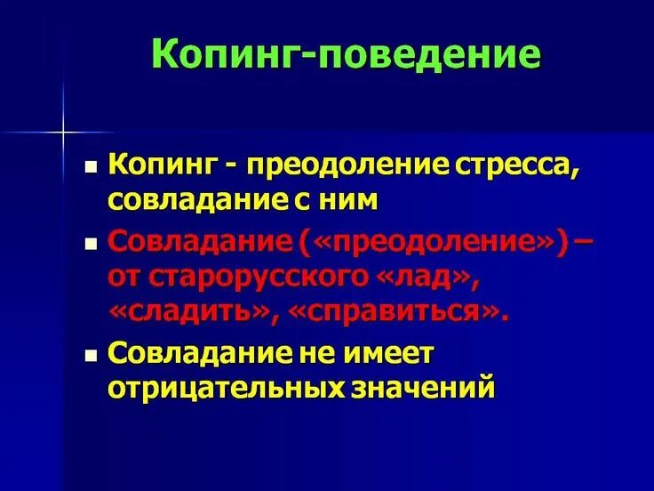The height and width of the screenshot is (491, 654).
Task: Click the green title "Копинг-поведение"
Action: coord(345,55)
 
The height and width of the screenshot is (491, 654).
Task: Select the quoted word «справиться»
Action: coord(396,311)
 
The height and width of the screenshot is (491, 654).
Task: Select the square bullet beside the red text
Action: coord(91,243)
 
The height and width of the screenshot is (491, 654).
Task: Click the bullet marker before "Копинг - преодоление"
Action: coord(91,166)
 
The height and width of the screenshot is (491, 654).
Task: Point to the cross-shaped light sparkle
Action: coord(63,133)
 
